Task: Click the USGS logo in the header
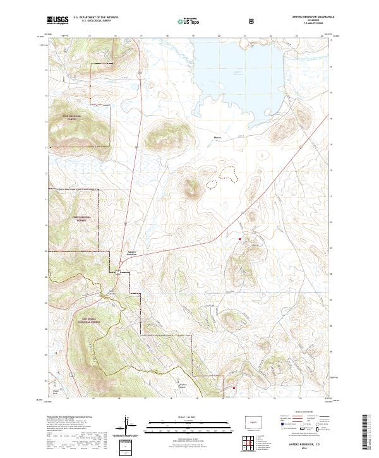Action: click(x=57, y=20)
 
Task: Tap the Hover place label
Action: click(x=218, y=136)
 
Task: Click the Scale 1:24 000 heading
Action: click(x=189, y=416)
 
